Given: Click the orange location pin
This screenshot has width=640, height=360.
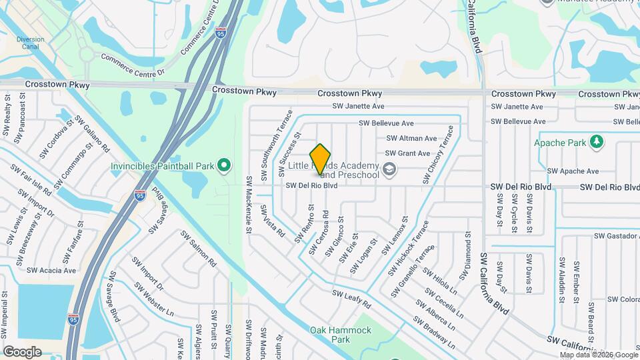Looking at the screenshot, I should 321,158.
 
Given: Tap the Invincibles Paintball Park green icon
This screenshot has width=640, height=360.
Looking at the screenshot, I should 225,165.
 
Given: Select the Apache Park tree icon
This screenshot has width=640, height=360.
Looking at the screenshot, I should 597,142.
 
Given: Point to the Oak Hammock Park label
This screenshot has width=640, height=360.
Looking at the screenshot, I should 331,334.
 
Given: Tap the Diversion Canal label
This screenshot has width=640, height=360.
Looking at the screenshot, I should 31,43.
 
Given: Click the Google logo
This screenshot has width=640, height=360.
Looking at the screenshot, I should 22,351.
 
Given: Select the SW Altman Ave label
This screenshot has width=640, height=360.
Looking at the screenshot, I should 411,139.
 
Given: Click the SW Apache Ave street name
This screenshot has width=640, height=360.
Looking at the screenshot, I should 573,171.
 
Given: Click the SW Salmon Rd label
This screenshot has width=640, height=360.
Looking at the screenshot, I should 199,249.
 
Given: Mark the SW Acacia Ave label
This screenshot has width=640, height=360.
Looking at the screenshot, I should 51,271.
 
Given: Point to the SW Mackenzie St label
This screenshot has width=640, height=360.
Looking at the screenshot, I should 249,204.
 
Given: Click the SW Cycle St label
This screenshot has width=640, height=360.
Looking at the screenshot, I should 514,213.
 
